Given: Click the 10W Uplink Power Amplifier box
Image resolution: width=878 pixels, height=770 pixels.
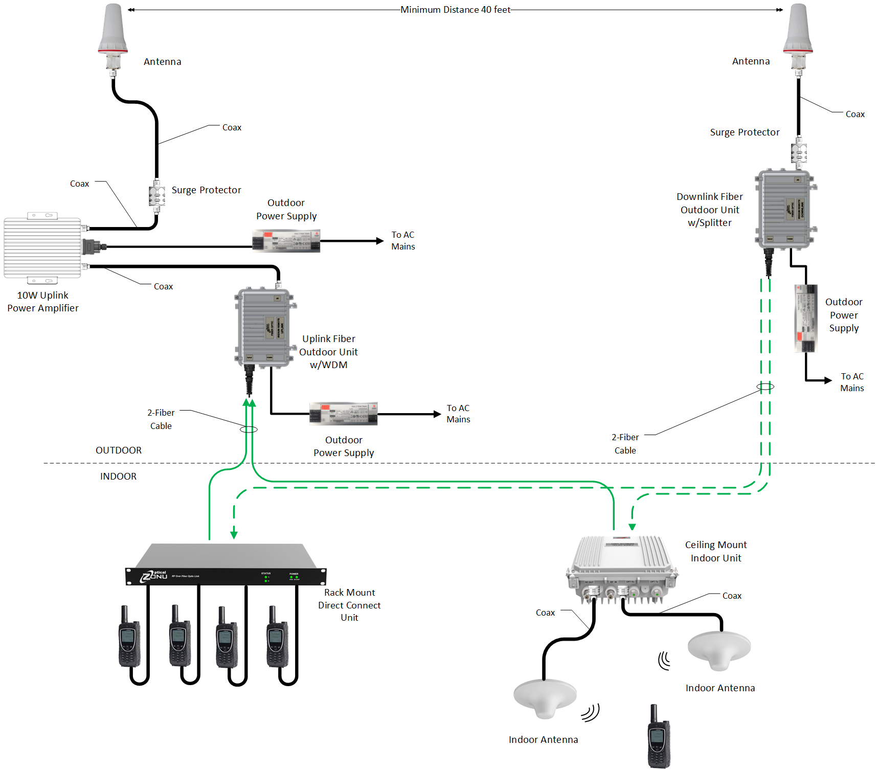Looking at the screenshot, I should pyautogui.click(x=42, y=247).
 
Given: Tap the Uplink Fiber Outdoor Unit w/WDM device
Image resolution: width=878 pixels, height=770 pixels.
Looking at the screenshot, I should pyautogui.click(x=264, y=328).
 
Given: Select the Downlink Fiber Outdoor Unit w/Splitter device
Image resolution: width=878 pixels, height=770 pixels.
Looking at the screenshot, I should pyautogui.click(x=785, y=209).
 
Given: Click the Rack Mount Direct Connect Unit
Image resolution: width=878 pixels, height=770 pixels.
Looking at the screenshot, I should pyautogui.click(x=226, y=565).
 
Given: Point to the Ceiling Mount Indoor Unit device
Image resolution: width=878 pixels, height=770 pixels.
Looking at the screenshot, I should pyautogui.click(x=621, y=568).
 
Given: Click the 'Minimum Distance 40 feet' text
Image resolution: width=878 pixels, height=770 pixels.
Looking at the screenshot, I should pyautogui.click(x=455, y=10).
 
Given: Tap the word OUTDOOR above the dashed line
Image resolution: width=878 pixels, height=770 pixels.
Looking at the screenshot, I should pyautogui.click(x=119, y=450).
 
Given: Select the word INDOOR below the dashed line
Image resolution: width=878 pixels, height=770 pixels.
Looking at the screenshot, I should pyautogui.click(x=118, y=477).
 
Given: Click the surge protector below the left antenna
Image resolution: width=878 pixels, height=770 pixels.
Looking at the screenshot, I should pyautogui.click(x=156, y=196).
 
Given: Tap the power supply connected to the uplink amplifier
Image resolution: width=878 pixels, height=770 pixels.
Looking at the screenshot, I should pyautogui.click(x=286, y=241).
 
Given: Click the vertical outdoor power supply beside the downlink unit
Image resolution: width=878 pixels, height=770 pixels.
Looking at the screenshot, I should pyautogui.click(x=806, y=319).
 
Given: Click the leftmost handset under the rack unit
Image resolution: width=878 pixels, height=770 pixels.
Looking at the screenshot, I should pyautogui.click(x=129, y=637).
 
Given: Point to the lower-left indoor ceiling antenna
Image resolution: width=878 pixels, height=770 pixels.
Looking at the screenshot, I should pyautogui.click(x=545, y=697).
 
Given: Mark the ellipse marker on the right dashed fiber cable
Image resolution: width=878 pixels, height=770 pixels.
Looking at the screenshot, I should pyautogui.click(x=765, y=387).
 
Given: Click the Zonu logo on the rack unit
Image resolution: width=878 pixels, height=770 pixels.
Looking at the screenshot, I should pyautogui.click(x=154, y=576).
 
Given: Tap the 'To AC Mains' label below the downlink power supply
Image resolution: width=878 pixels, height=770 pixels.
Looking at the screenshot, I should pyautogui.click(x=852, y=382).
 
